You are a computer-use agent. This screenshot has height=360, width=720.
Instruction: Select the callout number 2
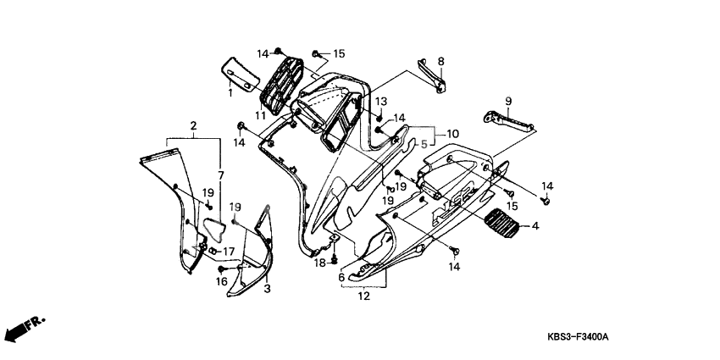[x=194, y=127]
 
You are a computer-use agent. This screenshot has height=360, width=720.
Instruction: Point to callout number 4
[x=534, y=226]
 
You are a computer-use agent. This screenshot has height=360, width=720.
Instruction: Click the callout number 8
[x=440, y=61]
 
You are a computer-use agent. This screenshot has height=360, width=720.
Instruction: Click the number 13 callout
[x=380, y=101]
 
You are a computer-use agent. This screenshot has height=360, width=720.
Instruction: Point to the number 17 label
[x=228, y=252]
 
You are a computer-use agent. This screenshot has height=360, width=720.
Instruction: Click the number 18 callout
[x=321, y=263]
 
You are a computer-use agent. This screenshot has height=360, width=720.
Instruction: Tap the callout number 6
[x=341, y=277]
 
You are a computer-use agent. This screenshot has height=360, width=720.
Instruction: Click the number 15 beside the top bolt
[x=339, y=54]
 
